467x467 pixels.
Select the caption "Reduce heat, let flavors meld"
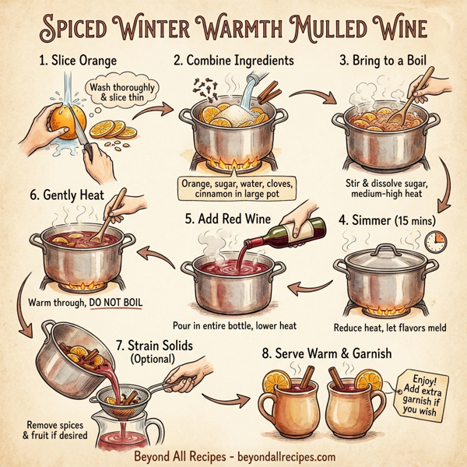(389, 328)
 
